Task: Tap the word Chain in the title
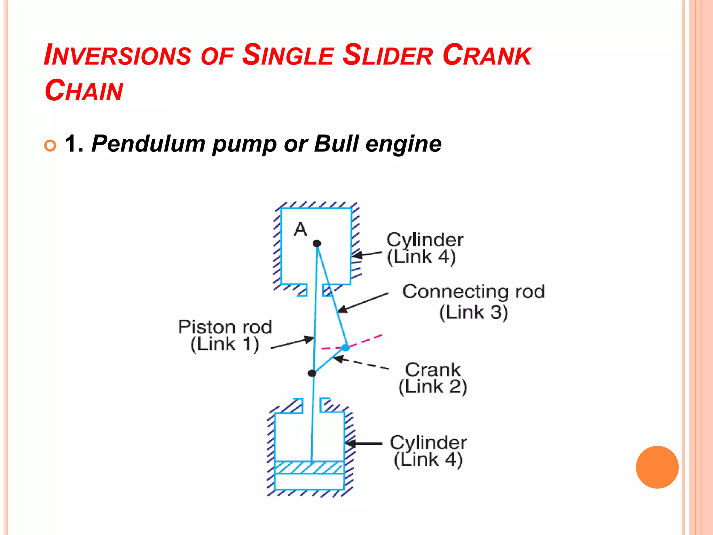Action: (84, 91)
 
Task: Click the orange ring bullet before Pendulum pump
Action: (50, 145)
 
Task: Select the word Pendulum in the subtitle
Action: (148, 144)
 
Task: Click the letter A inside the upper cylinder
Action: (300, 230)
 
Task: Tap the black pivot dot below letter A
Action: (317, 243)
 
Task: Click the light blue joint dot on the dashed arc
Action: (345, 347)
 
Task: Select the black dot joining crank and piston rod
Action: (312, 373)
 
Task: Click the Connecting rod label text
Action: (473, 292)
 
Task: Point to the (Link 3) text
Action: (473, 312)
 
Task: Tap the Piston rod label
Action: (225, 327)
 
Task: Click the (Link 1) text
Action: (225, 344)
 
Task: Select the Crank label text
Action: (433, 370)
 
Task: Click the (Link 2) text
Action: (433, 387)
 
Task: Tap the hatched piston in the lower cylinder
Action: (310, 467)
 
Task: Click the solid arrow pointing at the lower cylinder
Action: (364, 444)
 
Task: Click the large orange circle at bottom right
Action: (657, 467)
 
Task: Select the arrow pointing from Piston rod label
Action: (292, 342)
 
